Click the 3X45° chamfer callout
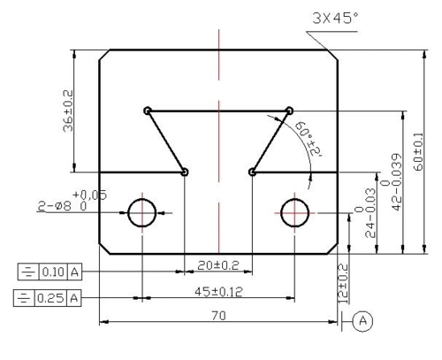pos(336,19)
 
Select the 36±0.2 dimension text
pos(68,111)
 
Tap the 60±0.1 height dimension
pos(418,152)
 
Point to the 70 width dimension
pos(219,316)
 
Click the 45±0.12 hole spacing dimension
pos(218,292)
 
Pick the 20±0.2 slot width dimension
pos(218,265)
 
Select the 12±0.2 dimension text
pos(343,284)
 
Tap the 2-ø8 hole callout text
pos(72,201)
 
